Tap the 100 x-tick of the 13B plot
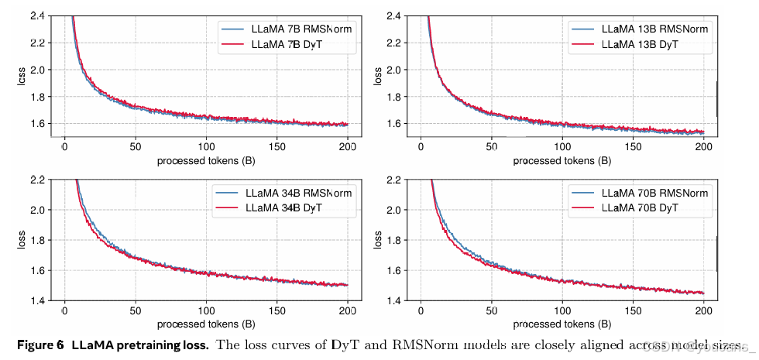point(562,146)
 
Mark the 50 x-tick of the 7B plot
point(135,146)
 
